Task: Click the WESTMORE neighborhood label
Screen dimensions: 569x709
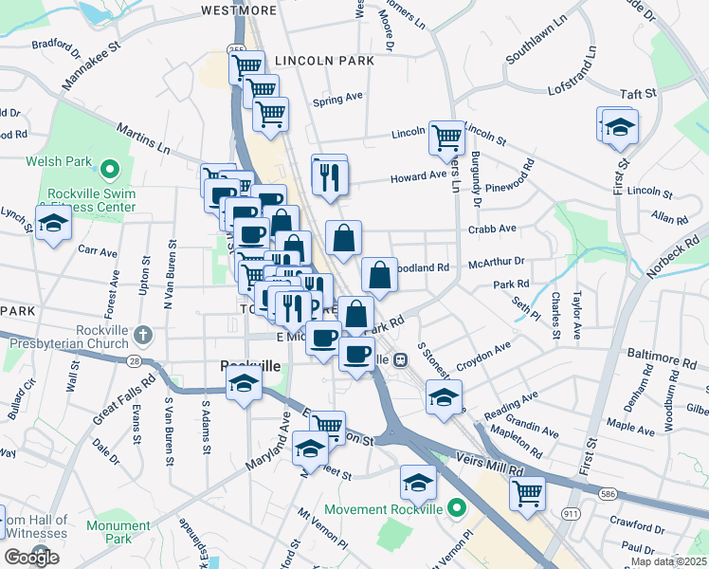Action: coord(239,10)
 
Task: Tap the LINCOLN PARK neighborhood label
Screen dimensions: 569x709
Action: coord(324,61)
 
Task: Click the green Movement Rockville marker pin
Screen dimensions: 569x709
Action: coord(457,509)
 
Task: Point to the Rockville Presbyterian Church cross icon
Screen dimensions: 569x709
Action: coord(142,334)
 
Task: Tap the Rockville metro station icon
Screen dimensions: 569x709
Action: coord(402,360)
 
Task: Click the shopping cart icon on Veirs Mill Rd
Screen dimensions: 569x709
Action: coord(528,492)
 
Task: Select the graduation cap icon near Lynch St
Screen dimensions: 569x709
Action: coord(53,224)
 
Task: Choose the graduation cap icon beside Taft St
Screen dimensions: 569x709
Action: coord(619,126)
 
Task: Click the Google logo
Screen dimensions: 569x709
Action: coord(32,558)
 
